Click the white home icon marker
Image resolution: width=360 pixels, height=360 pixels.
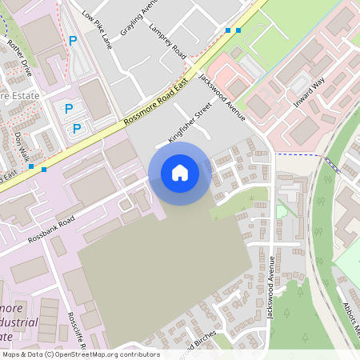(x=180, y=173)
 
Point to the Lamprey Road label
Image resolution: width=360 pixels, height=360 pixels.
(x=167, y=41)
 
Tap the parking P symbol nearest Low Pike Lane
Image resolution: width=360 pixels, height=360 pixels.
(x=74, y=41)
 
